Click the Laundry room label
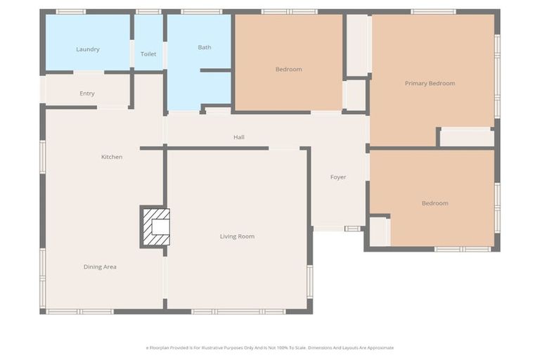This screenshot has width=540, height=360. tap(88, 49)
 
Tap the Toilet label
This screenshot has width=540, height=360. tap(148, 54)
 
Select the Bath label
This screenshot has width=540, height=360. tap(205, 47)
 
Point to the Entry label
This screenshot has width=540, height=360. tap(87, 94)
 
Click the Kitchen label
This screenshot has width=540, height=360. tap(112, 157)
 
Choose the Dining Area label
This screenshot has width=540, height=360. tap(100, 266)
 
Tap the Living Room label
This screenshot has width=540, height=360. tap(237, 236)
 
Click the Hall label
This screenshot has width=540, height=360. tap(239, 137)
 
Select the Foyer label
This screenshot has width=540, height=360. tap(338, 177)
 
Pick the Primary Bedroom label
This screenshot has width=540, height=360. tap(430, 83)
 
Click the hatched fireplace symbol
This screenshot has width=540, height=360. tap(155, 226)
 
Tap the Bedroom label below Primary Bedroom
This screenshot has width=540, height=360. tap(435, 203)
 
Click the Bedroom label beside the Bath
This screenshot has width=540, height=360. tap(288, 69)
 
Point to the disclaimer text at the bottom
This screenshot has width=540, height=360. tap(270, 347)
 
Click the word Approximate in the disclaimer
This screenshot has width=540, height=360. tap(379, 347)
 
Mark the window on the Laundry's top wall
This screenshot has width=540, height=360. tap(70, 12)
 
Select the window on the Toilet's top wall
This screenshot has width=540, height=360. tap(148, 12)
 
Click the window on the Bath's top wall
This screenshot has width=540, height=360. tap(202, 12)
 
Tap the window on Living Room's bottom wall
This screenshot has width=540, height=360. tap(239, 311)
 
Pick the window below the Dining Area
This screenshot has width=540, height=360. tap(79, 311)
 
